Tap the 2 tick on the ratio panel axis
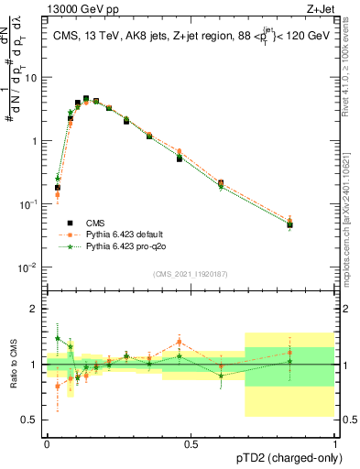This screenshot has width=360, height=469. point(38,309)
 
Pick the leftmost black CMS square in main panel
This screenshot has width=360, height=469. point(58,188)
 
